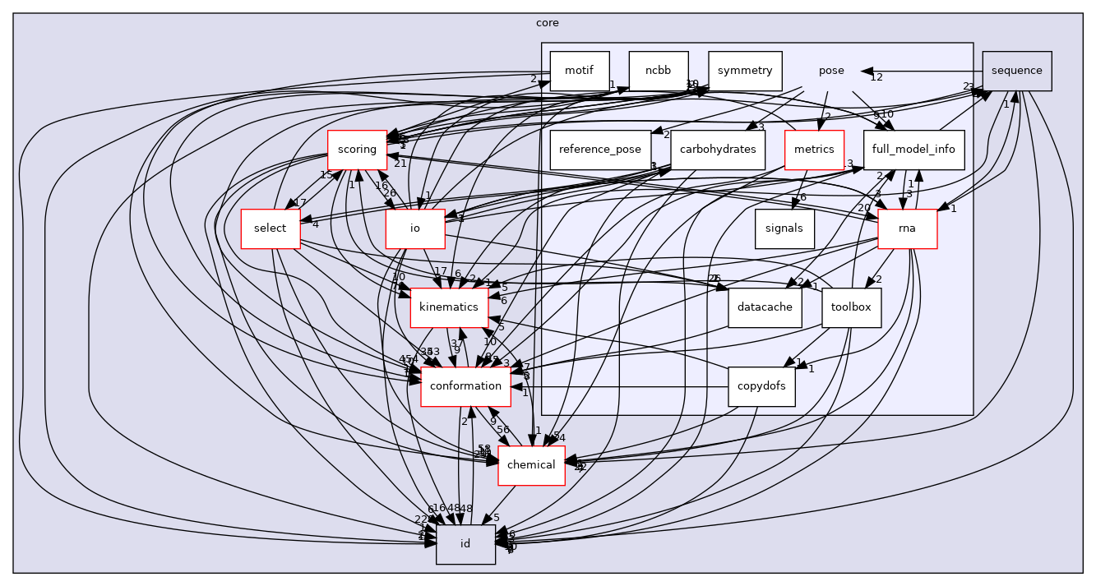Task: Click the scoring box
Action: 357,150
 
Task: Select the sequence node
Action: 1017,71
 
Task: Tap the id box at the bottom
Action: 465,544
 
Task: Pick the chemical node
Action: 531,465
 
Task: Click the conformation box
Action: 465,386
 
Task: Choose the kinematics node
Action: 449,307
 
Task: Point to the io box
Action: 415,228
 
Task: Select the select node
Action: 270,228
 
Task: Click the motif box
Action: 580,71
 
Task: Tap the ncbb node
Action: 659,71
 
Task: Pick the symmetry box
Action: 744,71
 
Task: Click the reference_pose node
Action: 599,150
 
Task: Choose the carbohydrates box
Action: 719,150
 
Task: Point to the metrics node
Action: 814,150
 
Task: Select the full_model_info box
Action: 913,150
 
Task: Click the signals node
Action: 784,228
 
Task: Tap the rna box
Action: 908,228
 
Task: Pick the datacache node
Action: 765,307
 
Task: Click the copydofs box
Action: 761,386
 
